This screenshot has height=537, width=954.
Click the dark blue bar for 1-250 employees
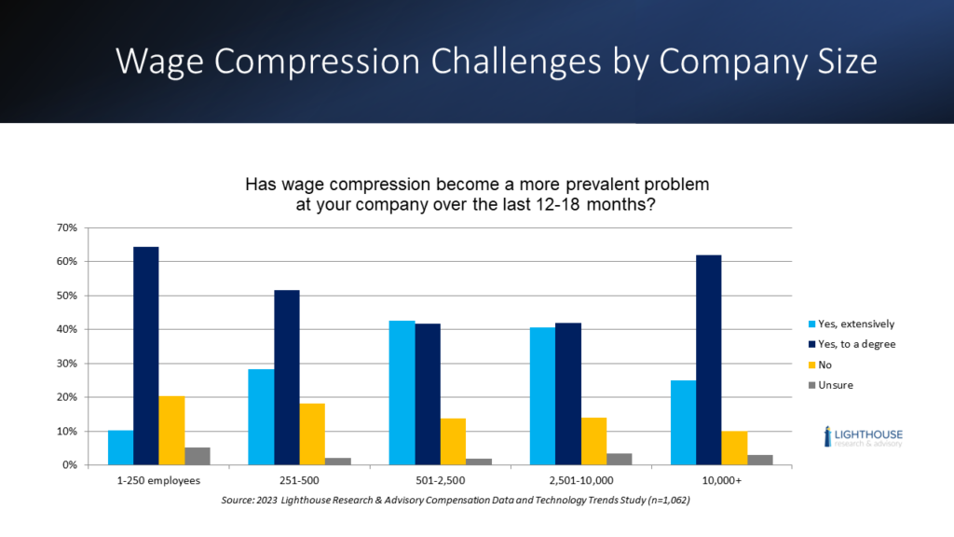[x=146, y=355]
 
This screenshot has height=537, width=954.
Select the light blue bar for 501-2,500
[x=402, y=392]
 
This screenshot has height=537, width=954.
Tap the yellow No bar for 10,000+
[x=734, y=447]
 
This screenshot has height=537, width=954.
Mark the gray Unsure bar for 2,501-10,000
[x=620, y=459]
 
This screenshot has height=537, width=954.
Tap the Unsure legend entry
[x=835, y=384]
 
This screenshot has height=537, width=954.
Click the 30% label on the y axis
[x=69, y=364]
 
